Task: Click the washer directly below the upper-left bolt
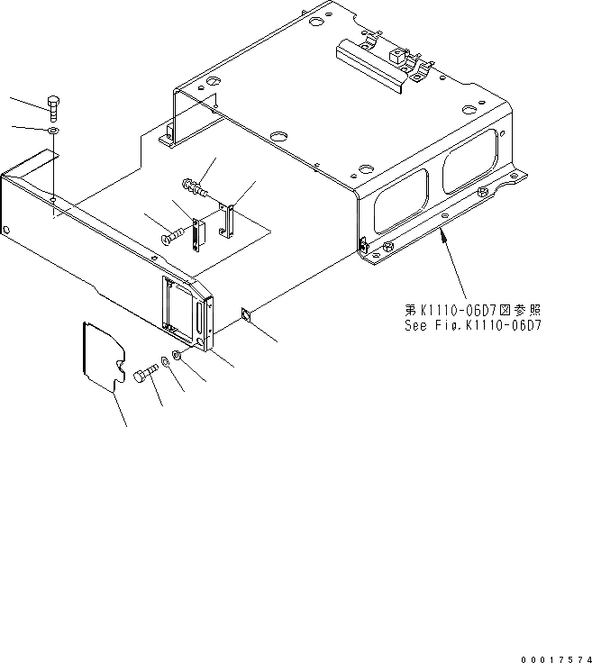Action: coord(53,131)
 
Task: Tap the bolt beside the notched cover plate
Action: coord(145,377)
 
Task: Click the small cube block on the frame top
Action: coord(394,58)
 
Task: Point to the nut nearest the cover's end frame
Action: coord(178,357)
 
